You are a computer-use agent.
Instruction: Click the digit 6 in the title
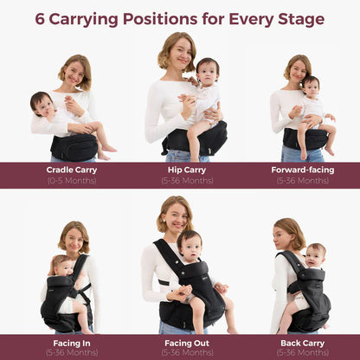[x=40, y=19]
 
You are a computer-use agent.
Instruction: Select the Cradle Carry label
[x=72, y=170]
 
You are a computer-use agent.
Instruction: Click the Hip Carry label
[x=187, y=170]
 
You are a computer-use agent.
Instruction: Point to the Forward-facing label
[x=303, y=170]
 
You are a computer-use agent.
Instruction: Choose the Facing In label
[x=72, y=344]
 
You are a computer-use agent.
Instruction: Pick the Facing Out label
[x=187, y=344]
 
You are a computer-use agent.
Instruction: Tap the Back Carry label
[x=303, y=344]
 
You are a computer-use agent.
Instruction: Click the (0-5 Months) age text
[x=72, y=181]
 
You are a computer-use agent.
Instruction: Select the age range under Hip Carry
[x=187, y=181]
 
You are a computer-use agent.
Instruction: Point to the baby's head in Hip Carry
[x=208, y=71]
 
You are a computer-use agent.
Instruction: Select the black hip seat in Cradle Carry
[x=74, y=147]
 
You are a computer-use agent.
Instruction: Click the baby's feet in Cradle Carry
[x=107, y=153]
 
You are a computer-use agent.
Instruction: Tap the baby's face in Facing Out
[x=190, y=248]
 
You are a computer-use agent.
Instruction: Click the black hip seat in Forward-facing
[x=305, y=139]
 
